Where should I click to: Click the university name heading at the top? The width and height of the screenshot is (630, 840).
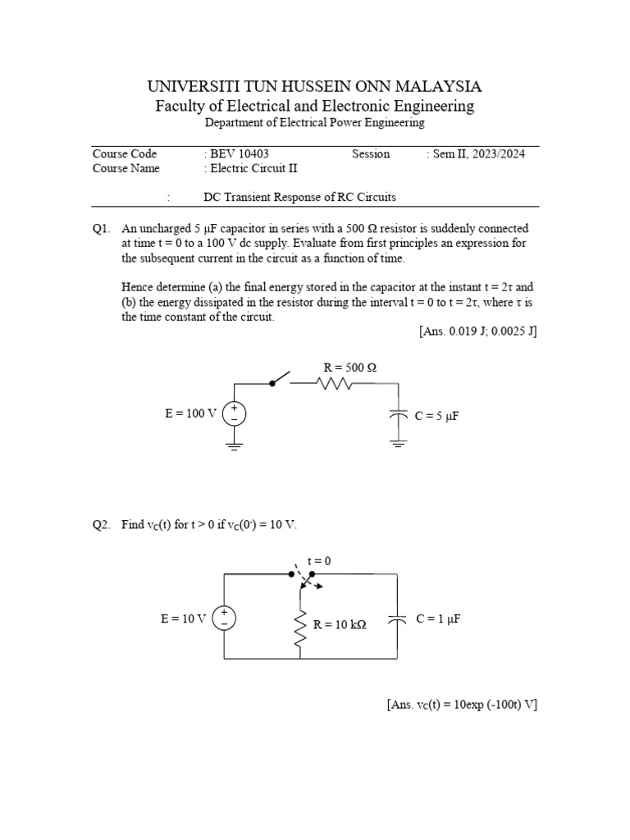tap(314, 86)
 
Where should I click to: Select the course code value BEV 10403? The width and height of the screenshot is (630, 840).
tap(239, 153)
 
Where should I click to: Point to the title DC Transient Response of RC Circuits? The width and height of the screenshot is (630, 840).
tap(299, 197)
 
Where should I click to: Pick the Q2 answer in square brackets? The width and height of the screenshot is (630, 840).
tap(462, 705)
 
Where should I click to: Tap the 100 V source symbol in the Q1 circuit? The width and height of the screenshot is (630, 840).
tap(235, 413)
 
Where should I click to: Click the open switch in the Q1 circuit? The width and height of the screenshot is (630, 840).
tap(281, 379)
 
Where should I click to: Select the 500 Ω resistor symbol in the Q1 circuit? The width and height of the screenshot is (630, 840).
tap(333, 383)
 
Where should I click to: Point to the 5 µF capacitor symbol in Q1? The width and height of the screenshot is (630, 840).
tap(398, 416)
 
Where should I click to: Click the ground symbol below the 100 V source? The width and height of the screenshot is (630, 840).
tap(235, 446)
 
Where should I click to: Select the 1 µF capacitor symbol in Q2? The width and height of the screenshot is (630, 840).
tap(398, 620)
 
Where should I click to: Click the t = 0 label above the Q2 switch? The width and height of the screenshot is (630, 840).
tap(319, 561)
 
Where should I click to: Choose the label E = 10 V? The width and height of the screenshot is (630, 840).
tap(183, 619)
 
